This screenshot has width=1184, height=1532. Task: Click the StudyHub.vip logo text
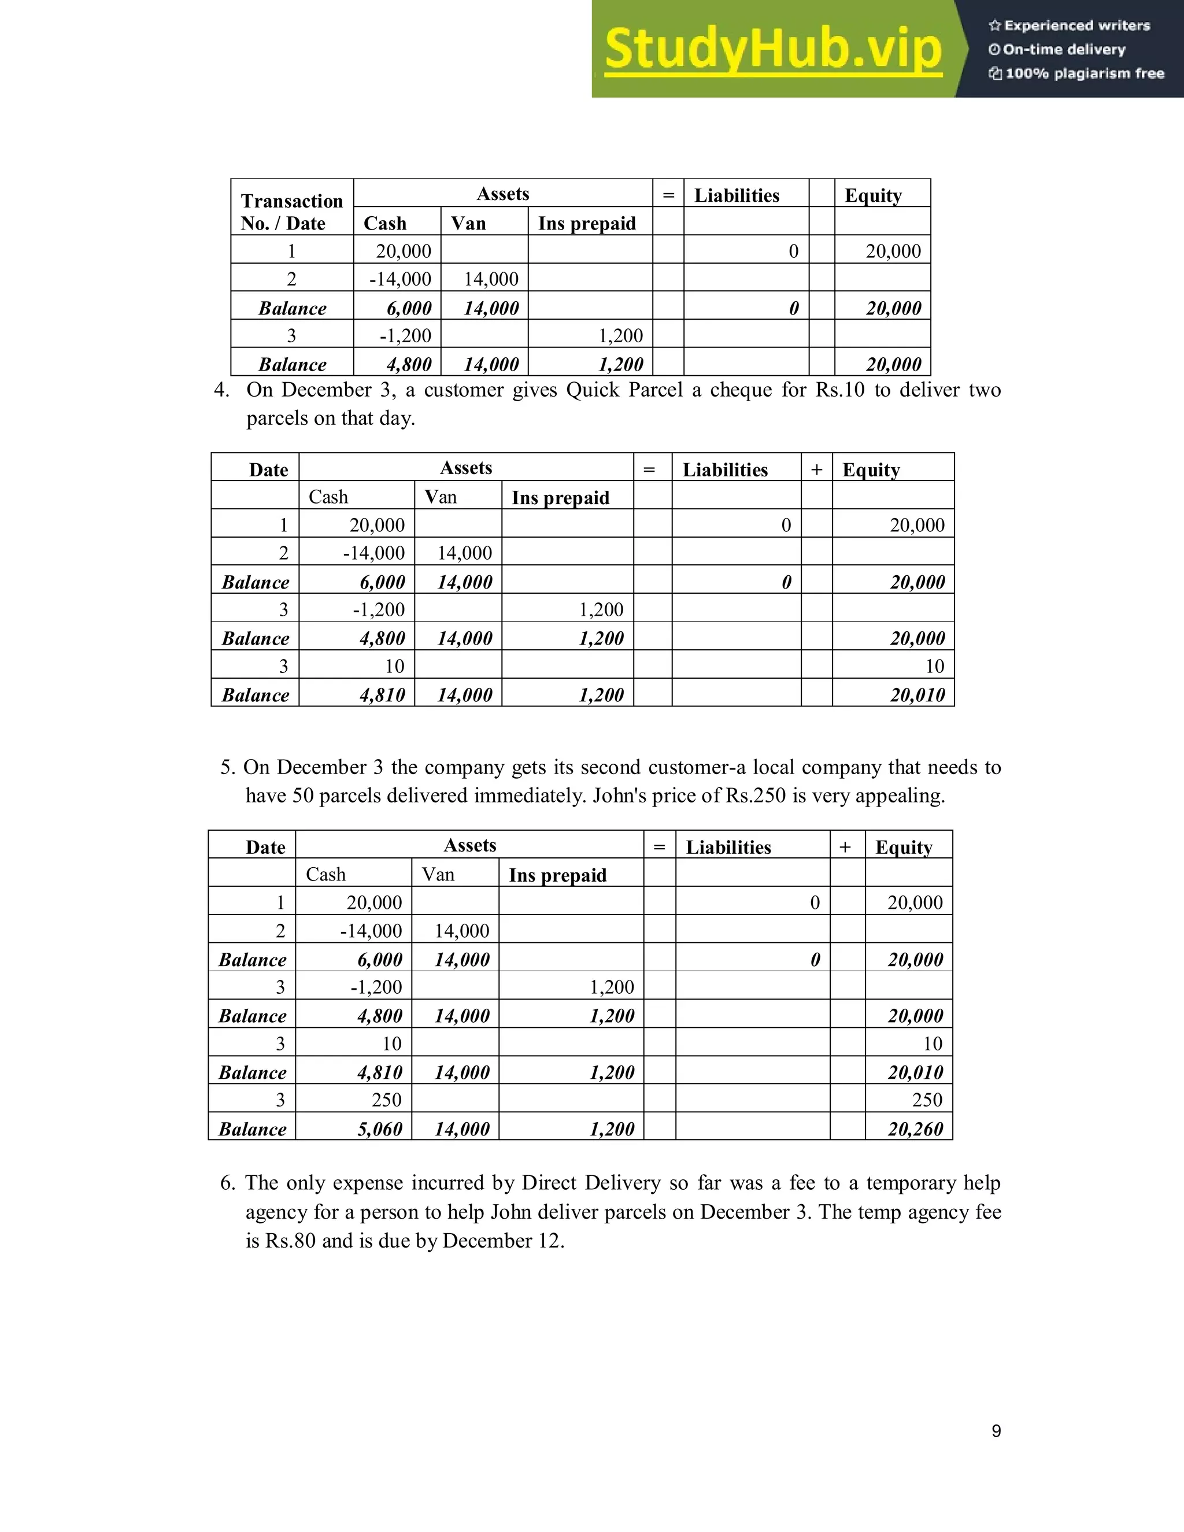pos(772,49)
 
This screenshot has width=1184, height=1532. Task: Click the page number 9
pos(996,1431)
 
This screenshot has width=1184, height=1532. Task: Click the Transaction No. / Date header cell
pos(292,212)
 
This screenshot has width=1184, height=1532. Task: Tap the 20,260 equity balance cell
pos(915,1128)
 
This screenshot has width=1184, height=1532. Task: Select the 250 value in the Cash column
pos(387,1100)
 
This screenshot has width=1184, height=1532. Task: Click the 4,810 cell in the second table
pos(382,694)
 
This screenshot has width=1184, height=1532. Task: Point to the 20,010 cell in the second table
pos(917,694)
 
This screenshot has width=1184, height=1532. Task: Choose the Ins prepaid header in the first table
pos(587,223)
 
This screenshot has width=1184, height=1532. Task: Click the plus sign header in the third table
pos(846,848)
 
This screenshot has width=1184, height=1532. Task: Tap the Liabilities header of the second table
pos(726,469)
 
